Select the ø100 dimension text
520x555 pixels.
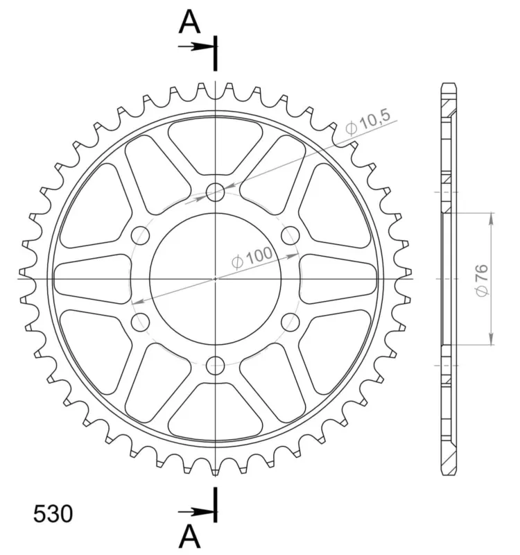click(x=252, y=257)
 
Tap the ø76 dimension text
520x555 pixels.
click(x=482, y=280)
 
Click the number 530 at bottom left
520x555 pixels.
click(x=53, y=514)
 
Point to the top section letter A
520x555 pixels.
click(x=189, y=22)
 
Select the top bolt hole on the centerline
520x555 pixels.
click(x=216, y=193)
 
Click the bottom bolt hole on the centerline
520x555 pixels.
click(x=216, y=366)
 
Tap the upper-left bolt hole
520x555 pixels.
click(x=141, y=236)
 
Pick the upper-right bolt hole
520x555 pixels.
click(x=291, y=236)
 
